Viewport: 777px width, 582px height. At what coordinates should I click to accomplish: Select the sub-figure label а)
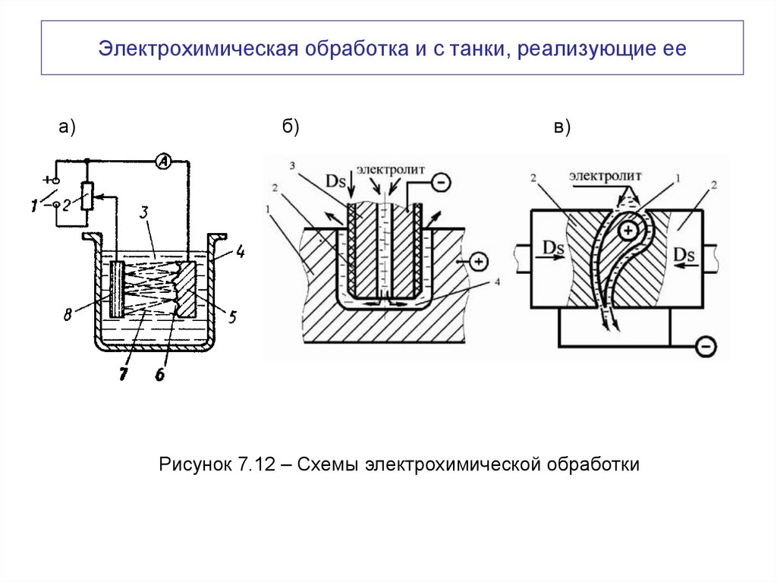68,127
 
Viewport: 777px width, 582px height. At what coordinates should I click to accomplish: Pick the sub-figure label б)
291,127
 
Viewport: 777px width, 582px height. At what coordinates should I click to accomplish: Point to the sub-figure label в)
562,127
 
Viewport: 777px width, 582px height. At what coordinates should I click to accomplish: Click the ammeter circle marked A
162,161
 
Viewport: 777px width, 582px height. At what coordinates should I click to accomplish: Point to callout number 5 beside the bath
231,316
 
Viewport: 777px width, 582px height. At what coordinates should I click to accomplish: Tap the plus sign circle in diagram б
479,263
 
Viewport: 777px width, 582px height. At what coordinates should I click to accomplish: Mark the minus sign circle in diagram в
706,347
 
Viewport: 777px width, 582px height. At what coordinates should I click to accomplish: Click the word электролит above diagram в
606,175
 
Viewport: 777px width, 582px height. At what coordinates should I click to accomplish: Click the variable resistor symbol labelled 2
90,197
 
